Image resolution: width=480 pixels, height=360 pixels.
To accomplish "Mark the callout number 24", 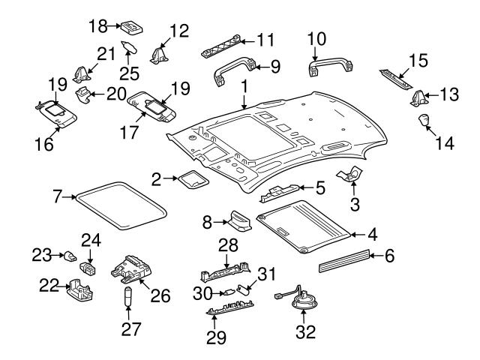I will (x=91, y=241).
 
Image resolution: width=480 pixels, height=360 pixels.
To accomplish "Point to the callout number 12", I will (x=179, y=31).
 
